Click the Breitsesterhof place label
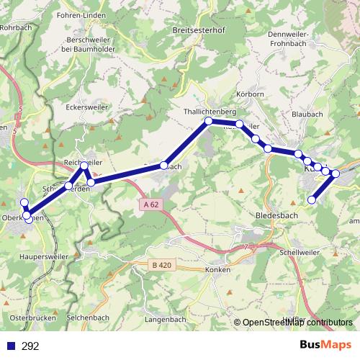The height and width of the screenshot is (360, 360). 199,31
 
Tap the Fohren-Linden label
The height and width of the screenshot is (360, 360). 94,15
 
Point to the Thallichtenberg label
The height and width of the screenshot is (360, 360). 210,112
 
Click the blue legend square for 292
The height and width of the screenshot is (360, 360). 10,346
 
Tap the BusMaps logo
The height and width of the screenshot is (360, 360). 325,346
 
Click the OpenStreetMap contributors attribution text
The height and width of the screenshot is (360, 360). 297,323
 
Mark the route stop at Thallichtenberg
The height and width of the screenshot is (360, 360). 209,121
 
